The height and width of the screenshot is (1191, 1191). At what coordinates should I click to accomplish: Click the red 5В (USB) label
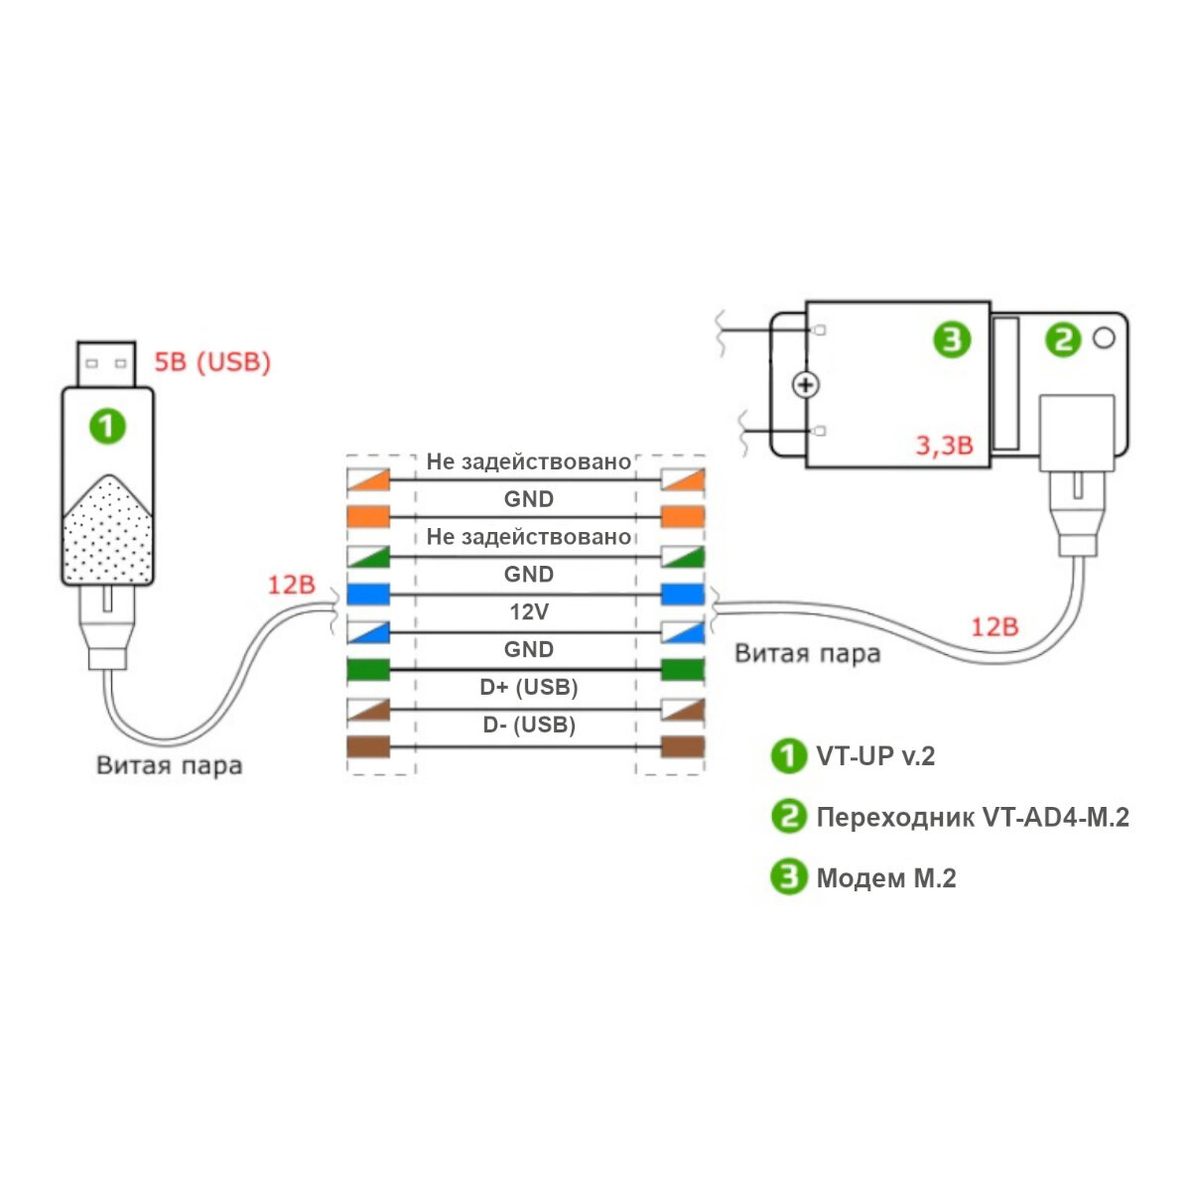211,362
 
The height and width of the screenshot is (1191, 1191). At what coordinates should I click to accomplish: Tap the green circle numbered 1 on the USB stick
107,427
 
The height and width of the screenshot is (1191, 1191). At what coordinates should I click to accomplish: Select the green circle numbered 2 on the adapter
1063,340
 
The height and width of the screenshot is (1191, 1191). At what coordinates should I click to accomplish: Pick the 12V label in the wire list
528,611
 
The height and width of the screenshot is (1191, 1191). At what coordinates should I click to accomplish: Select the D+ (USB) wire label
528,687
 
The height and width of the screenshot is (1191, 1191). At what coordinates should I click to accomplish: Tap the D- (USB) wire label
528,725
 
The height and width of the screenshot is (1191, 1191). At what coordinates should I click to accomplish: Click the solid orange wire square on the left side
367,517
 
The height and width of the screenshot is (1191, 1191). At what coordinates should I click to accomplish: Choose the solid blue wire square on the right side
682,595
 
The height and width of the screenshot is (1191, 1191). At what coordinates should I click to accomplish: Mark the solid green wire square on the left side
367,670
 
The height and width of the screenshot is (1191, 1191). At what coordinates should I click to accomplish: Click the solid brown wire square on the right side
682,746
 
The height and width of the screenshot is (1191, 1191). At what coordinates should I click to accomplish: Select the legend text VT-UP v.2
874,756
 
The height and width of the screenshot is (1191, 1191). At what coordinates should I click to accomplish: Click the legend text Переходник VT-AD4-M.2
972,818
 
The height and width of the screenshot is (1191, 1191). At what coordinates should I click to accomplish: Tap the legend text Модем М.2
885,878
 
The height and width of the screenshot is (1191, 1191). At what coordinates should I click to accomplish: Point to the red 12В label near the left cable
290,585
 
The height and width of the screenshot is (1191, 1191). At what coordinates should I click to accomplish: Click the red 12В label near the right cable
993,626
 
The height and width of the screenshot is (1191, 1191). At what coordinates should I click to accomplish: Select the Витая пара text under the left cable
169,765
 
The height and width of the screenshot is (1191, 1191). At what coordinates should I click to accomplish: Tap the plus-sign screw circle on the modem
807,385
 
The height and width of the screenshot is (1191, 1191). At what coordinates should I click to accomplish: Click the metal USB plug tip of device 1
105,364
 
